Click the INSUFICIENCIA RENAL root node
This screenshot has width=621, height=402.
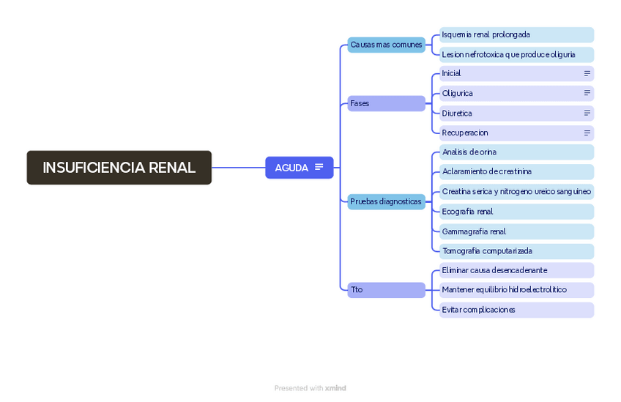[119, 168]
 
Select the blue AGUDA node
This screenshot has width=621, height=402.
[291, 168]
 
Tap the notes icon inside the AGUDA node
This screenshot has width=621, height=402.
[319, 168]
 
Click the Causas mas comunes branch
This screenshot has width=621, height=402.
[386, 45]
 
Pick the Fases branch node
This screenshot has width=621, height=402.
[386, 103]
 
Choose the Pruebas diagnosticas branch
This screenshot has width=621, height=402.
[386, 201]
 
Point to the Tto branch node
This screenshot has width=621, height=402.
[386, 290]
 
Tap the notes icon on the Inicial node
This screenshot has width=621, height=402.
[587, 74]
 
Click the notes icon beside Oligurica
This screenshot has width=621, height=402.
[587, 94]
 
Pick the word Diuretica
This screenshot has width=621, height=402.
[457, 113]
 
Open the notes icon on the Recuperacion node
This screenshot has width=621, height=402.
[587, 133]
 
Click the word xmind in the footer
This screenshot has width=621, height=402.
[335, 388]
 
